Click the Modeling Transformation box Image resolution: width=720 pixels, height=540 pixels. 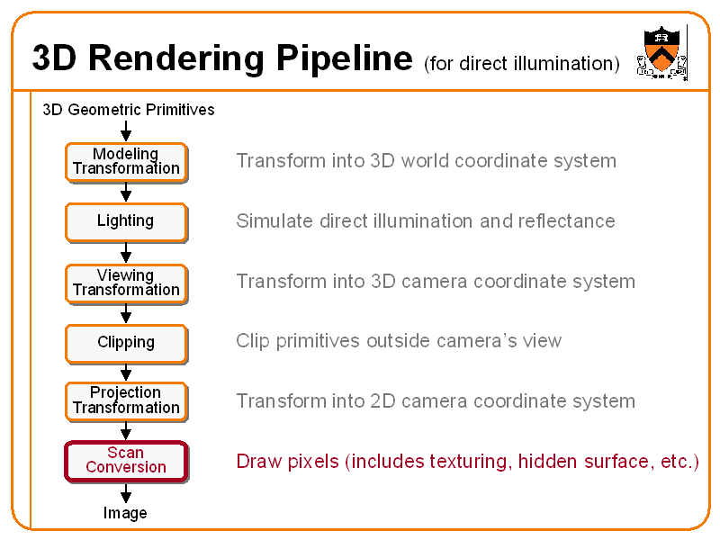click(126, 162)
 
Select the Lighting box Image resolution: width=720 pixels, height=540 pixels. click(126, 221)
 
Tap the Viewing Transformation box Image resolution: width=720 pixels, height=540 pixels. click(126, 283)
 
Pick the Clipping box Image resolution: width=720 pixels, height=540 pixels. click(126, 343)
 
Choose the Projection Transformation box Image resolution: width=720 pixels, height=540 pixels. click(126, 400)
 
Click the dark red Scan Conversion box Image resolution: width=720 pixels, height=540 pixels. click(126, 461)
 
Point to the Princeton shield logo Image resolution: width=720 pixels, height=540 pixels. click(662, 51)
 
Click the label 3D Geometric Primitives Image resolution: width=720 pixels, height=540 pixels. click(129, 110)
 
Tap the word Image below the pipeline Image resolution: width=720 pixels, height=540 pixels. click(125, 513)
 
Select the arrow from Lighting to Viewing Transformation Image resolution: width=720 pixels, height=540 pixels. click(126, 253)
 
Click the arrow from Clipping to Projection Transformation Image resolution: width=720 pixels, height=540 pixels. click(126, 372)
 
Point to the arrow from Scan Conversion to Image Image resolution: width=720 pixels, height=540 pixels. click(126, 493)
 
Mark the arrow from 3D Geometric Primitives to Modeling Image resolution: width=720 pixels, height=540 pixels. click(126, 131)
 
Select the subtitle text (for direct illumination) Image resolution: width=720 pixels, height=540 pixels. click(521, 63)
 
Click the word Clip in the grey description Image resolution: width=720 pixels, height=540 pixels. click(252, 341)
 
